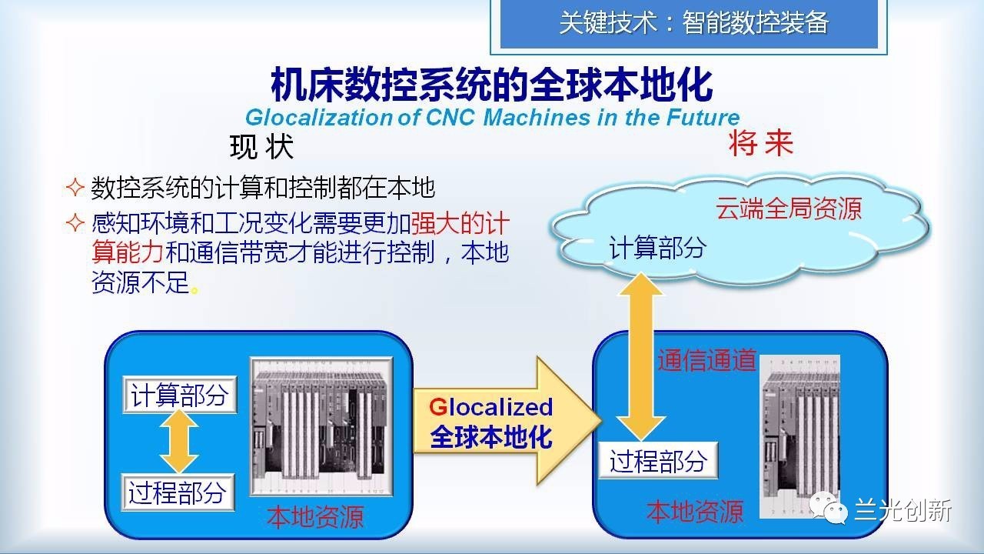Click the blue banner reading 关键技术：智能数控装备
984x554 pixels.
coord(689,23)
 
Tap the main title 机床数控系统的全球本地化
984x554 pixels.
coord(491,85)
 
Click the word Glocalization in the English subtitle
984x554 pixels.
coord(319,118)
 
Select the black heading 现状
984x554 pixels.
coord(261,146)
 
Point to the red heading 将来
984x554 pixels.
coord(761,143)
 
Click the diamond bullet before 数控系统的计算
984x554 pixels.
coord(75,187)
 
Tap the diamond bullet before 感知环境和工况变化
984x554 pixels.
coord(75,222)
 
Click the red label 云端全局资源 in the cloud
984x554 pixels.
coord(789,209)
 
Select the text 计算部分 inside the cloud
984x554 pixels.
coord(657,247)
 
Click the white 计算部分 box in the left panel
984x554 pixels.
coord(180,395)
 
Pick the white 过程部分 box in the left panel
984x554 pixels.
coord(178,492)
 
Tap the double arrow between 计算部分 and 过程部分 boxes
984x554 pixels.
coord(179,442)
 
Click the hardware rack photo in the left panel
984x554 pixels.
coord(321,426)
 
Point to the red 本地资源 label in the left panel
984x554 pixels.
coord(315,517)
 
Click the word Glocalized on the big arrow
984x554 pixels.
coord(490,407)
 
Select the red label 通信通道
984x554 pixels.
coord(706,361)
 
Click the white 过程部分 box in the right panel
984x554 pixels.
coord(658,460)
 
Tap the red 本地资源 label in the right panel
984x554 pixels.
coord(695,512)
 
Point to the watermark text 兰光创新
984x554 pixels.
coord(903,510)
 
